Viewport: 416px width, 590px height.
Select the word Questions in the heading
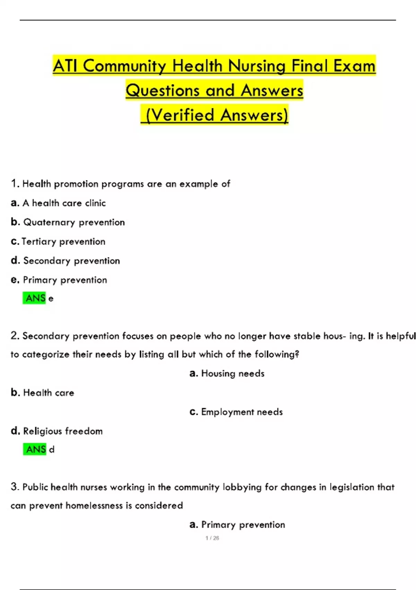tap(162, 90)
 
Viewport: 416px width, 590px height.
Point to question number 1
tap(15, 183)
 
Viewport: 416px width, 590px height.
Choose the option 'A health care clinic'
tap(64, 203)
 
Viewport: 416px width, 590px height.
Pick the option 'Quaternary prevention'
tap(74, 222)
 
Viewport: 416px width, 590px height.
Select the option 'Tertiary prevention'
tap(63, 242)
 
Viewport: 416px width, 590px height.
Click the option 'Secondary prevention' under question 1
tap(71, 261)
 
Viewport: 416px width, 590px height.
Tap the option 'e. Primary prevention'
tap(65, 280)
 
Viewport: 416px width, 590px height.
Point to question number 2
tap(15, 336)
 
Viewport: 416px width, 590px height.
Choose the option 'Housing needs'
tap(233, 373)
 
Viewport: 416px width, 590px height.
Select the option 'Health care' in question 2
tap(49, 393)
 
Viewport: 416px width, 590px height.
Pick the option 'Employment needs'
tap(242, 412)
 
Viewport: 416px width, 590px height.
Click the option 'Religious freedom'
tap(63, 431)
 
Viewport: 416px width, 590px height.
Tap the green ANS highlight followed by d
tap(35, 449)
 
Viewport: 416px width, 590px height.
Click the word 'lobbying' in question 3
tap(242, 487)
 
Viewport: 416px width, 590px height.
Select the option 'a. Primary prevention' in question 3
tap(243, 525)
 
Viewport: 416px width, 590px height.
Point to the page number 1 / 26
tap(212, 538)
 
